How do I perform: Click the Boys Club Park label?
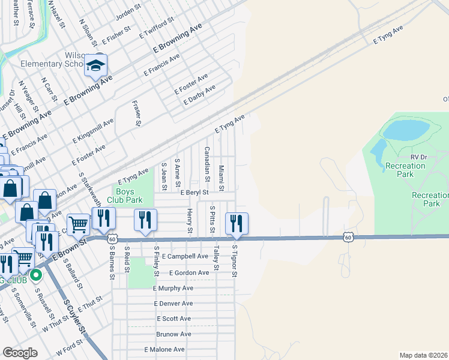pyautogui.click(x=125, y=196)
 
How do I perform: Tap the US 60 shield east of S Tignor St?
pyautogui.click(x=348, y=238)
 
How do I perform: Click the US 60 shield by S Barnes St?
pyautogui.click(x=112, y=239)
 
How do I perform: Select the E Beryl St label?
pyautogui.click(x=194, y=193)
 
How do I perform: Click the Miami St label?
pyautogui.click(x=221, y=179)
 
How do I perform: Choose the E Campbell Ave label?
pyautogui.click(x=184, y=256)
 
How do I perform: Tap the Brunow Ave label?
pyautogui.click(x=173, y=334)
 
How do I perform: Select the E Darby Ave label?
pyautogui.click(x=199, y=95)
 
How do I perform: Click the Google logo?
pyautogui.click(x=20, y=353)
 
